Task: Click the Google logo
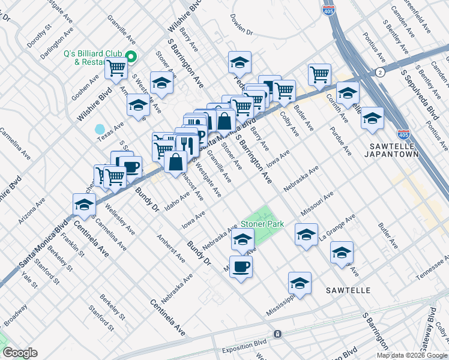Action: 19,353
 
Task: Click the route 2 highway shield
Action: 380,72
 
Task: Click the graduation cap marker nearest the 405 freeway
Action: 372,117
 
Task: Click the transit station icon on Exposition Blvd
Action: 277,334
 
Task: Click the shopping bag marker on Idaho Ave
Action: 176,162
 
